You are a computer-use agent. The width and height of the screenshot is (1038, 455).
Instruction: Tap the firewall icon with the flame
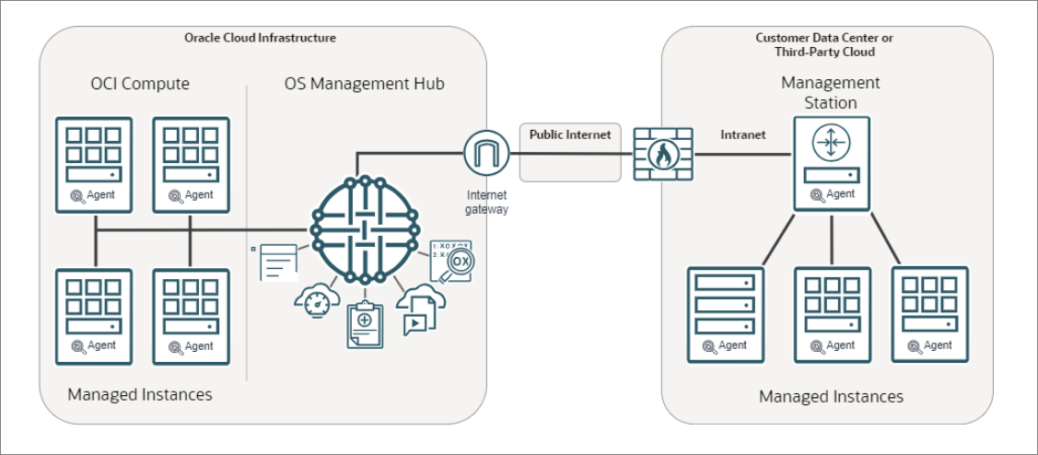tap(663, 154)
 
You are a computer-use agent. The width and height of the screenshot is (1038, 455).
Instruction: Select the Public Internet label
tap(569, 134)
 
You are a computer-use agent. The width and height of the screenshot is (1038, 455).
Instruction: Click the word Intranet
tap(742, 134)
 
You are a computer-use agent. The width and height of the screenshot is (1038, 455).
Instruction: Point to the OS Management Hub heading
tap(365, 84)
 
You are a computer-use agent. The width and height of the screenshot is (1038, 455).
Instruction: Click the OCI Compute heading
tap(134, 84)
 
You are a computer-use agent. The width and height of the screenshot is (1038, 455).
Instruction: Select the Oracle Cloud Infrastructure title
tap(261, 38)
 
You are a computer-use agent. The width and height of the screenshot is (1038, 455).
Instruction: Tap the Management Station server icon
tap(832, 162)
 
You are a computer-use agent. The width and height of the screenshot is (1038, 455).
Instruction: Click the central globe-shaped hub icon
tap(364, 227)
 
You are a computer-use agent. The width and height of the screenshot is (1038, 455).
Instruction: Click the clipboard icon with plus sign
tap(365, 324)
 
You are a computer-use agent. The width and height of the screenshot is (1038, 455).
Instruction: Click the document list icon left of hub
tap(277, 262)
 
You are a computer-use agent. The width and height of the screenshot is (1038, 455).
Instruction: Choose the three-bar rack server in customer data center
tap(725, 314)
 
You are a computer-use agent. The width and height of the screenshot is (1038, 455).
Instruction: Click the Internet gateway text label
tap(486, 203)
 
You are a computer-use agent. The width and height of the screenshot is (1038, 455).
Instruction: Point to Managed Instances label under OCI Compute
tap(140, 394)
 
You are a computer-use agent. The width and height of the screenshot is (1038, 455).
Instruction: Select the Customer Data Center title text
tap(824, 44)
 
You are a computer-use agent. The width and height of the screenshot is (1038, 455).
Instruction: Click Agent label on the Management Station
tap(840, 194)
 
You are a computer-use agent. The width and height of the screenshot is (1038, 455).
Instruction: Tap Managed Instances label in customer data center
tap(831, 396)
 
